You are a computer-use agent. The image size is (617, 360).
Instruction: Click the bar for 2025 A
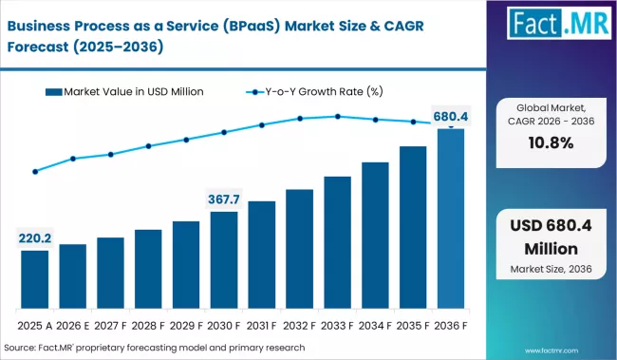[35, 279]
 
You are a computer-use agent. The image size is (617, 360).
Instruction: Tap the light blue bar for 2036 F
[450, 218]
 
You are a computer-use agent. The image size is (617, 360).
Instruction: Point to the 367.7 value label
[224, 199]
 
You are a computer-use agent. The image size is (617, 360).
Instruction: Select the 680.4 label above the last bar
[450, 117]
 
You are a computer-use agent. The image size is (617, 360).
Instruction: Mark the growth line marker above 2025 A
[35, 172]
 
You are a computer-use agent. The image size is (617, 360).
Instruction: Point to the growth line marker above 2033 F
[337, 117]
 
